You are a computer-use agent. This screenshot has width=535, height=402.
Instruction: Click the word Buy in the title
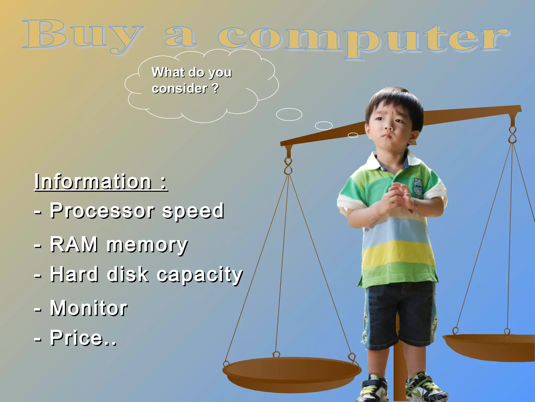coord(81,35)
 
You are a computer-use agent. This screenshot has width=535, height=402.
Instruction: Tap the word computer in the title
coord(363,39)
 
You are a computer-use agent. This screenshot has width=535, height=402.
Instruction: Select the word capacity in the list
coord(200,275)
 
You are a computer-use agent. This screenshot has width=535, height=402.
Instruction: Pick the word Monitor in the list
coord(89,308)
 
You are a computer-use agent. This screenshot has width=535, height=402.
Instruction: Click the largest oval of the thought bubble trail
coord(289,114)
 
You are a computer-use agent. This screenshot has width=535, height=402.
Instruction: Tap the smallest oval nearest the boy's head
coord(353,135)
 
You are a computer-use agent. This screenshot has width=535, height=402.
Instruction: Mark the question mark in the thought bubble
coord(215,88)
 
